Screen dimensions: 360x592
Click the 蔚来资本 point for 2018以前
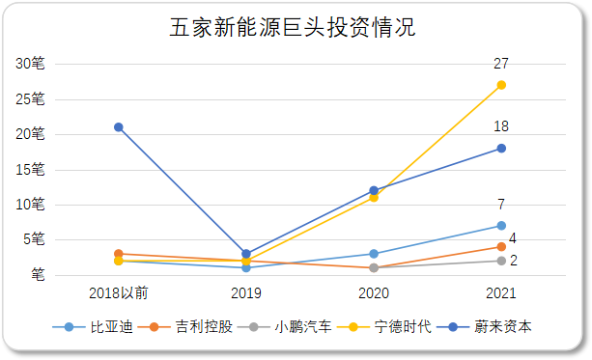coord(119,127)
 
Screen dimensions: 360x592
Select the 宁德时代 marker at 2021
coord(501,85)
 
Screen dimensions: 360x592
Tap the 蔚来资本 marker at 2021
coord(501,148)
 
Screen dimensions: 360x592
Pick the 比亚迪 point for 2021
coord(501,226)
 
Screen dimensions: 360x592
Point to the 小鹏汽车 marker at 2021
coord(501,261)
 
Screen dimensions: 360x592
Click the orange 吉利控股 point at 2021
coord(501,247)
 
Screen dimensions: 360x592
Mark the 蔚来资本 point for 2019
coord(246,254)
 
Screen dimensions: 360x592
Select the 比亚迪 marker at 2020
coord(374,254)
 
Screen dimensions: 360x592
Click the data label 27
coord(501,64)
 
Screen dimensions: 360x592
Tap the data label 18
coord(501,126)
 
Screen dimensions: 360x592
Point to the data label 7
coord(501,205)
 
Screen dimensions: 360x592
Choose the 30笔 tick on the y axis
coord(30,64)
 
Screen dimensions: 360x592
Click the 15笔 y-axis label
coord(30,170)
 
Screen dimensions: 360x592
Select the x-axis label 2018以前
coord(119,292)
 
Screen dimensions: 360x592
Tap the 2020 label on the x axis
coord(374,292)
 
